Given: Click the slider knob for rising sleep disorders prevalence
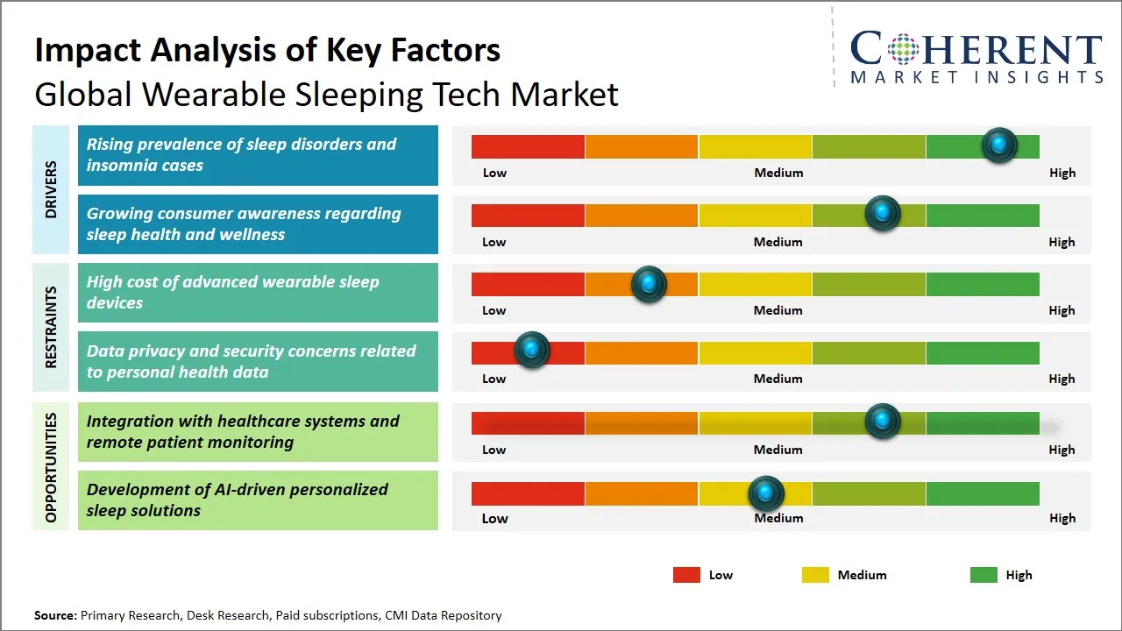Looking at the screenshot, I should [999, 145].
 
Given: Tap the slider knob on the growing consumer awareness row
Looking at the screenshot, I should [883, 213].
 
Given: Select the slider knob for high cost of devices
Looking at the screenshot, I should [649, 283].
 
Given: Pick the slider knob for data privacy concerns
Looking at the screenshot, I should [531, 350].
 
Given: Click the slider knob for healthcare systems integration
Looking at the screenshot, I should [883, 421].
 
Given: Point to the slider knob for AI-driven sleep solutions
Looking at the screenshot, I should [766, 493].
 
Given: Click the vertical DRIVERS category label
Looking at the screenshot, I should [50, 189].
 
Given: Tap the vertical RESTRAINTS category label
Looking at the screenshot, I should [50, 327].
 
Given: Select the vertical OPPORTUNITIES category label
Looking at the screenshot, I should [50, 467].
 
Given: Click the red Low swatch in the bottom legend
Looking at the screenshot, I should [686, 575].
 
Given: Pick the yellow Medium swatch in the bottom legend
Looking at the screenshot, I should [815, 575].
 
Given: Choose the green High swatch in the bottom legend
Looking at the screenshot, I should [984, 575].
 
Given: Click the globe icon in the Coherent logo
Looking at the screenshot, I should [903, 49].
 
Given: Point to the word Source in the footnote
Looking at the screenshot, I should [55, 615].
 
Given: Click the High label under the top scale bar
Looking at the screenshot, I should [1062, 173].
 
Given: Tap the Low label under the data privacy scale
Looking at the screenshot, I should [494, 379].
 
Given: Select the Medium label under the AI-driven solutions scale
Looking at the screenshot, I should [778, 518].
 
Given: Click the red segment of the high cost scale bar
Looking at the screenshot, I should [528, 284].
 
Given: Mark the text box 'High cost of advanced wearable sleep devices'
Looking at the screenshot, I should [258, 293].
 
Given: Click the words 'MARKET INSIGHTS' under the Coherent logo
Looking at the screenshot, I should [976, 77].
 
